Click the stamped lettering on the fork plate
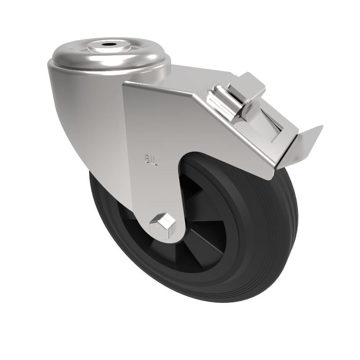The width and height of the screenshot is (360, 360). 150,159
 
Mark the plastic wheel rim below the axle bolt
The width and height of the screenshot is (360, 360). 180,265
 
